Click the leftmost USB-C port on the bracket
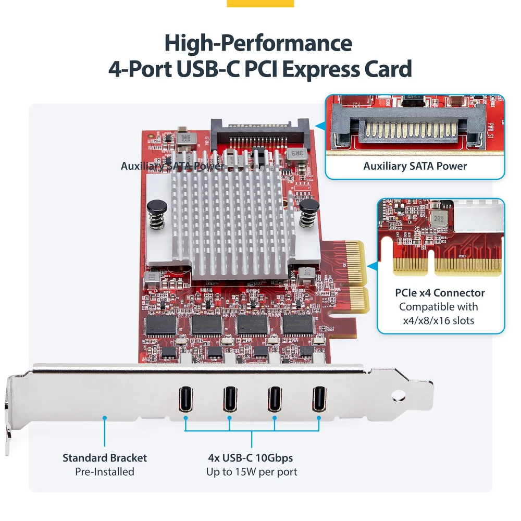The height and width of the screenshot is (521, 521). point(185,399)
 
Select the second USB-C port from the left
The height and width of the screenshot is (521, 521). point(229,399)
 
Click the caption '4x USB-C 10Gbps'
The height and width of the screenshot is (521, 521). point(251,458)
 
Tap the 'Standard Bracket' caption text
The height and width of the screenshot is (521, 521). point(105,458)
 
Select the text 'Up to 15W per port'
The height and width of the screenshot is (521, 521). point(252,472)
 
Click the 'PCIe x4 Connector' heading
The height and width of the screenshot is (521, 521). point(440,293)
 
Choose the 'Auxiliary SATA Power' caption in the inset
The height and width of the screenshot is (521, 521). point(415,166)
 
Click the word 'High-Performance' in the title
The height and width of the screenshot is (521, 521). point(258,43)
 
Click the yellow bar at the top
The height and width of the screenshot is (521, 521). point(260,4)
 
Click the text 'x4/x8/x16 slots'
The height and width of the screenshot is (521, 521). point(439,320)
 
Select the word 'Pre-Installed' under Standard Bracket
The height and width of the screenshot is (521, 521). point(105,472)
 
